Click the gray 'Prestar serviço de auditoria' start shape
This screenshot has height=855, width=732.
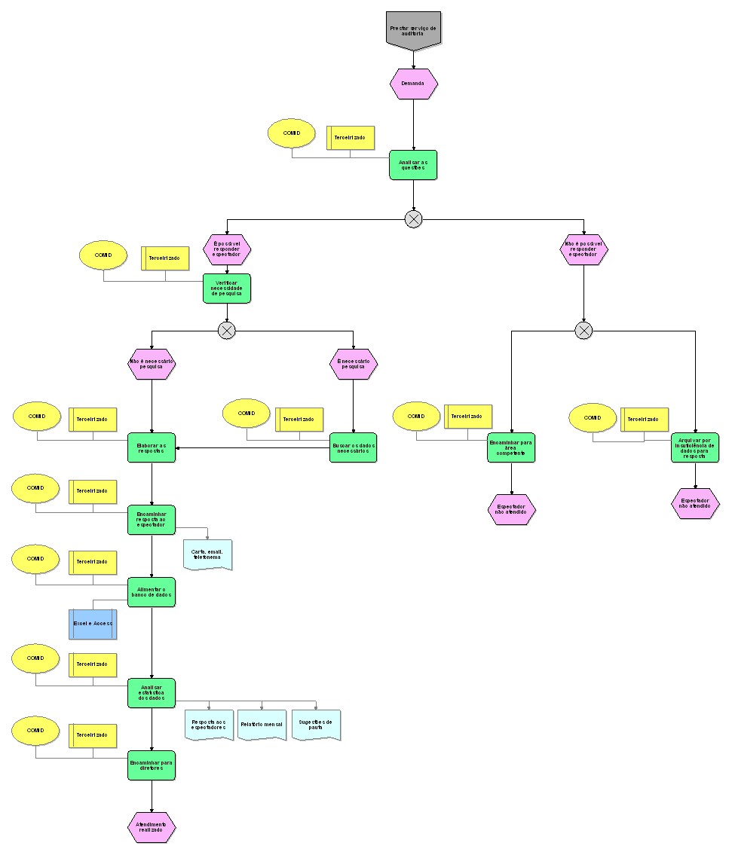point(413,30)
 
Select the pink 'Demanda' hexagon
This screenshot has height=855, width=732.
point(413,84)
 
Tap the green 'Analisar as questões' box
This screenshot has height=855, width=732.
point(413,165)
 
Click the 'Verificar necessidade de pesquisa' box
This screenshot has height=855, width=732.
point(227,289)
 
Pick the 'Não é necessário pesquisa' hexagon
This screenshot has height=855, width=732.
point(152,364)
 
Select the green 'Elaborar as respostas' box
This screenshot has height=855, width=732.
point(152,447)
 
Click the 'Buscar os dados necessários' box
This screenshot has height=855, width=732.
point(354,447)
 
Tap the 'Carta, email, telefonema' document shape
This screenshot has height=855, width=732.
point(207,554)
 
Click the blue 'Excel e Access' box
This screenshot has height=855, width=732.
point(93,624)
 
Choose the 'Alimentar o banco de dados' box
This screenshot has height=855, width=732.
point(152,592)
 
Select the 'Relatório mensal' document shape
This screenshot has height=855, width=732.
point(262,725)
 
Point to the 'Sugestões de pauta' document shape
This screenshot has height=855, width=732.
point(316,725)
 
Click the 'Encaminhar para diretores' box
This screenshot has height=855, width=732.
point(152,765)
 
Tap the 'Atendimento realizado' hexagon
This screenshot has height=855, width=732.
point(152,827)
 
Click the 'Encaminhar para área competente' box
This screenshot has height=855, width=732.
point(511,447)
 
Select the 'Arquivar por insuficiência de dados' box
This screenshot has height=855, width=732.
point(695,447)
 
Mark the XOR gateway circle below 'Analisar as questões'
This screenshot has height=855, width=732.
point(413,219)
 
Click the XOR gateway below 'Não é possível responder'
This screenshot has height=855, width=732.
point(583,330)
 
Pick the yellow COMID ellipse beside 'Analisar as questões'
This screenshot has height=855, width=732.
point(291,133)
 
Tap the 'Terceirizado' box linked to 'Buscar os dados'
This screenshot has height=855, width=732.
point(299,420)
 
